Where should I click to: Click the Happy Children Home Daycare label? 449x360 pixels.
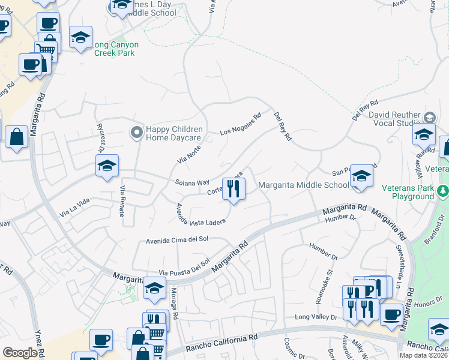coord(174,133)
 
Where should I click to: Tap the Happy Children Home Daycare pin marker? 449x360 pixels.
coord(136,131)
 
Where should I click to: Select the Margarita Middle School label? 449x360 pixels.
coord(304,185)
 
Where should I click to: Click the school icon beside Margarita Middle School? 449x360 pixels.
coord(361,176)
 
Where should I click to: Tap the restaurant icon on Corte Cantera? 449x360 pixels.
coord(234,189)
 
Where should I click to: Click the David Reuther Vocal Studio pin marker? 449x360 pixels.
coord(429,116)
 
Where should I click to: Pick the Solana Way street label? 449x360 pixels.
coord(192,182)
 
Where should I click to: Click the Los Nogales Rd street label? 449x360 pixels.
coord(241,124)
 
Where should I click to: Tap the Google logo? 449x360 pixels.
coord(19,352)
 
